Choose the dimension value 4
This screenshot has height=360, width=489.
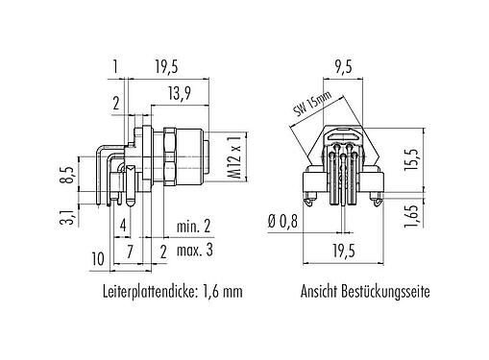pos(124,227)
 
